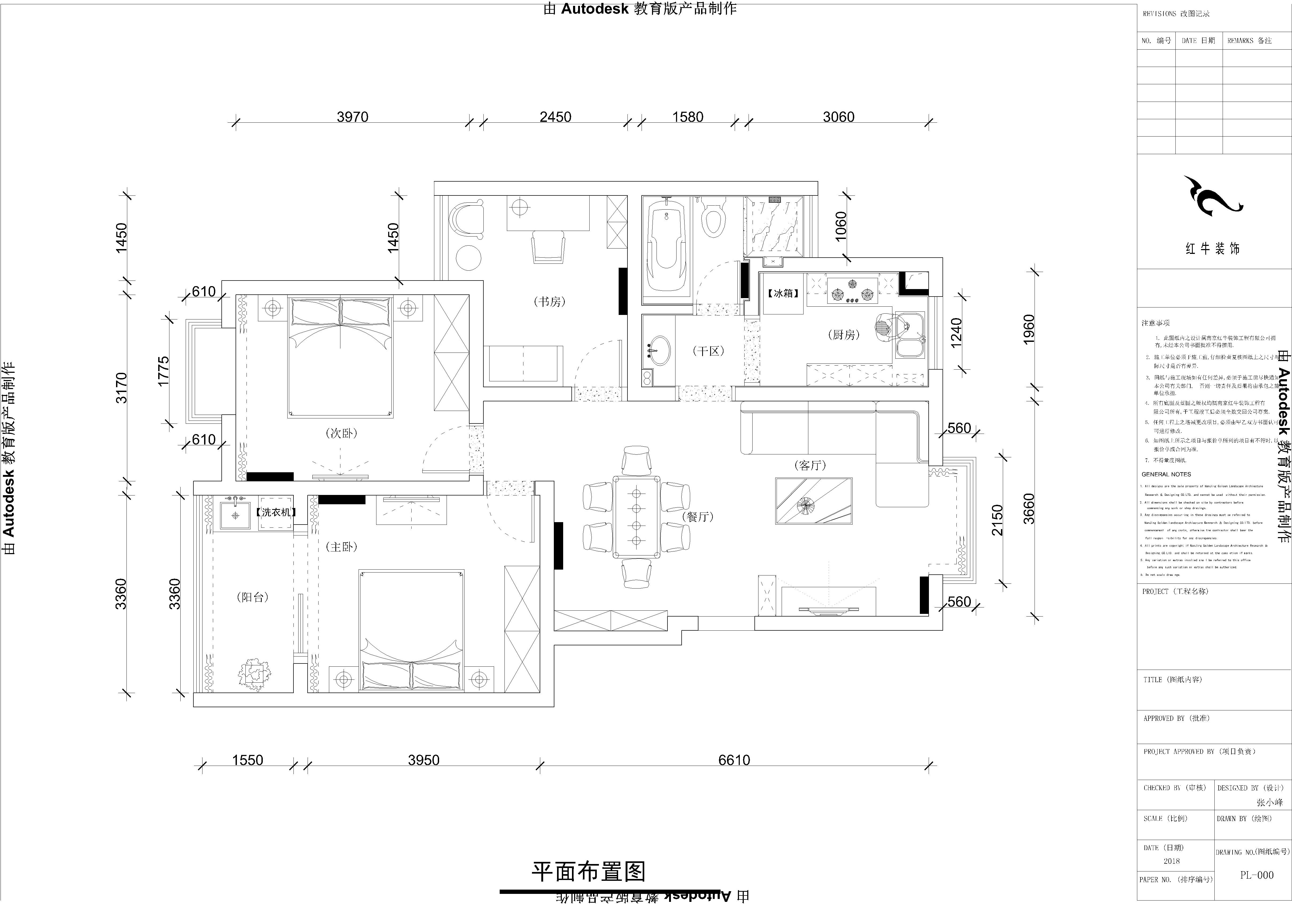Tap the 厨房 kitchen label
click(844, 335)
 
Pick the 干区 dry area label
click(708, 351)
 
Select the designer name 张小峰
click(1270, 803)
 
